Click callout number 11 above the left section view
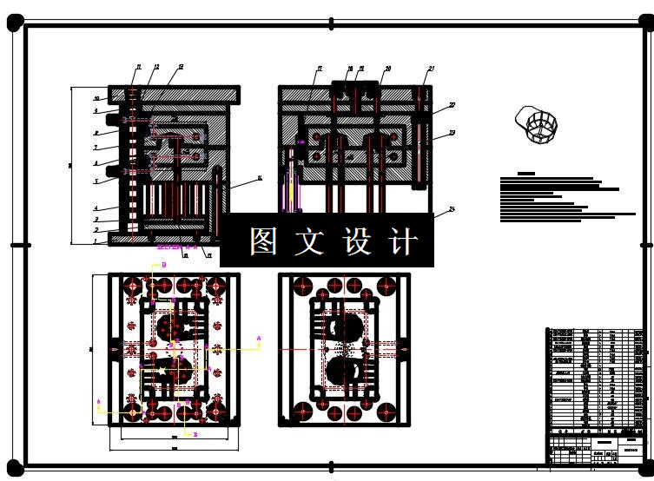137,67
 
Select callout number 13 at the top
180,67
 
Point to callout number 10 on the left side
97,100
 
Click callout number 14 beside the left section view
259,179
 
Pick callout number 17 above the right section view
319,68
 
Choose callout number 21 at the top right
431,68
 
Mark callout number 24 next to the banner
452,210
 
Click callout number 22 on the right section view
452,106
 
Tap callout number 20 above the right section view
387,68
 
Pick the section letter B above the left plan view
164,265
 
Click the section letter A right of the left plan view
258,335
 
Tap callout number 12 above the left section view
156,67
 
